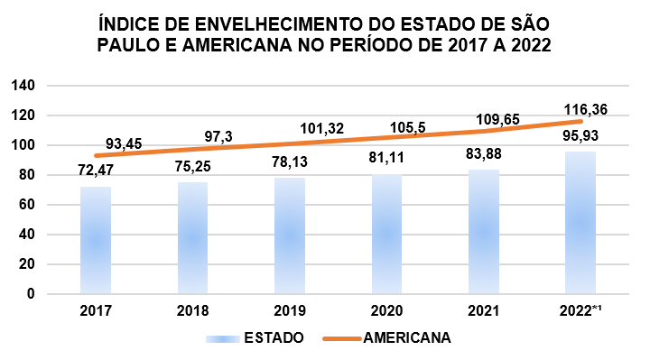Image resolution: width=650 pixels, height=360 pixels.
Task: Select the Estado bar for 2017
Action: point(96,240)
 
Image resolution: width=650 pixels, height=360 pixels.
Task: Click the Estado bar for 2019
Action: point(290,235)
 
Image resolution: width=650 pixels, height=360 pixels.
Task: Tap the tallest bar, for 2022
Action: point(580,223)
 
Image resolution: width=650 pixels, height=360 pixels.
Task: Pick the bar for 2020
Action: point(386,234)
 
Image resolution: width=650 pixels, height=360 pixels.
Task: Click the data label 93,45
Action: point(124,143)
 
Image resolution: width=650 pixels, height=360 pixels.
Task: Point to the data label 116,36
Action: point(585,110)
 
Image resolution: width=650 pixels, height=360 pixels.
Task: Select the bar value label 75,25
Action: point(193,167)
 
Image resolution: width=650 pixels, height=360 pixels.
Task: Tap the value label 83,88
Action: point(483,153)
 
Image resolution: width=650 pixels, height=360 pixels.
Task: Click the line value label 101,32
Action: point(322,128)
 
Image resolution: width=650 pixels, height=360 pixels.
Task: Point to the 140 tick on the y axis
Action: point(23,86)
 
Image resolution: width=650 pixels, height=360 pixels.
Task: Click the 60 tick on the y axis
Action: point(27,205)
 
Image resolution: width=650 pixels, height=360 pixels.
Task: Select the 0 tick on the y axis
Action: point(31,294)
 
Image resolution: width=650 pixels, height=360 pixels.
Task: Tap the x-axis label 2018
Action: point(193,310)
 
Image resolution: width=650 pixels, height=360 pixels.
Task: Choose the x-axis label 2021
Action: point(484,310)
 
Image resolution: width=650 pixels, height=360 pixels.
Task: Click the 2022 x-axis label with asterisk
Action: point(580,310)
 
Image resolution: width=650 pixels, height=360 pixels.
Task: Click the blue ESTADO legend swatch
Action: point(223,338)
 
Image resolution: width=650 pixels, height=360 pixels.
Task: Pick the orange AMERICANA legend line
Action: point(342,338)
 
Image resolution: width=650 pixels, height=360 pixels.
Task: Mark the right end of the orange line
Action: point(581,122)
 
